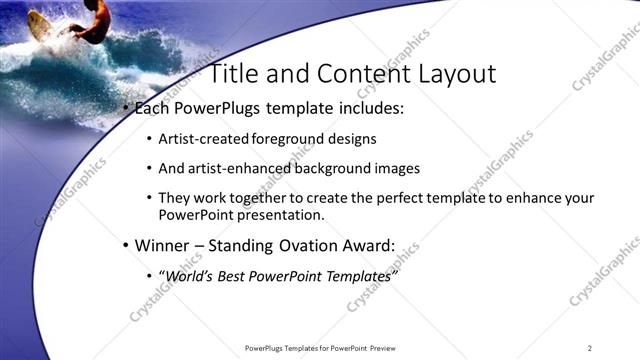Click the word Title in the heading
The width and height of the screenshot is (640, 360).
(x=235, y=74)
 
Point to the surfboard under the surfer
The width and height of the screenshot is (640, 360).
(x=40, y=25)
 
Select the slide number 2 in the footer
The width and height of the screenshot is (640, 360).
(x=590, y=348)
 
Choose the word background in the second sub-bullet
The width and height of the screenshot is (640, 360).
(x=337, y=168)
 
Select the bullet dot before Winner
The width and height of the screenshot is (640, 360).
(x=124, y=245)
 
